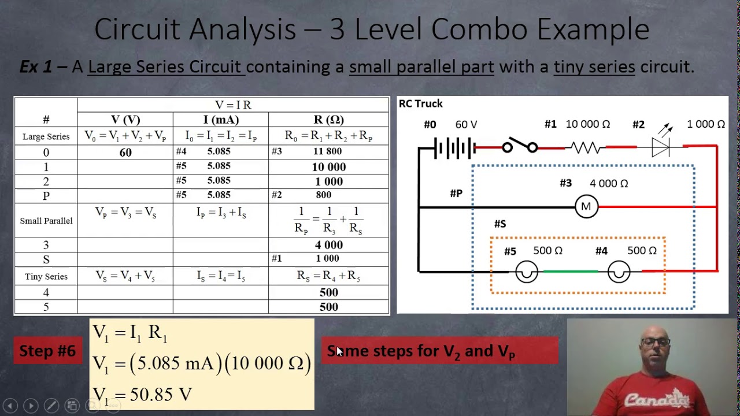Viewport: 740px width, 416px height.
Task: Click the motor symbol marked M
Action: pyautogui.click(x=586, y=207)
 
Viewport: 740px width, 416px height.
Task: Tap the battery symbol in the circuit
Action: pyautogui.click(x=454, y=148)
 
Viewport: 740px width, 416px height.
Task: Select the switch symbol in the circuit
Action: pyautogui.click(x=519, y=147)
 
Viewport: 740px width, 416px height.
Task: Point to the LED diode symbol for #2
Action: pyautogui.click(x=660, y=147)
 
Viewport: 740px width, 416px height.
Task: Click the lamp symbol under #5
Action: pyautogui.click(x=526, y=272)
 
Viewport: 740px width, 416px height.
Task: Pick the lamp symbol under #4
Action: pyautogui.click(x=619, y=272)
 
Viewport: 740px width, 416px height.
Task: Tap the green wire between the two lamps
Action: pyautogui.click(x=570, y=271)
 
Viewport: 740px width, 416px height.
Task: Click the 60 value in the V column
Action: pyautogui.click(x=125, y=153)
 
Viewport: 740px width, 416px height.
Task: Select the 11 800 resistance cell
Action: pyautogui.click(x=327, y=151)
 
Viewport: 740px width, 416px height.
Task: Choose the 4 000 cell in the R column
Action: pyautogui.click(x=328, y=245)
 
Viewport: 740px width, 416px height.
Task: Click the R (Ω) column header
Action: pyautogui.click(x=328, y=120)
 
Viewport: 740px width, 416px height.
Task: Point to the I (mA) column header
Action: pyautogui.click(x=221, y=120)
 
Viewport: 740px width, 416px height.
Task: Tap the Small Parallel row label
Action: pyautogui.click(x=46, y=221)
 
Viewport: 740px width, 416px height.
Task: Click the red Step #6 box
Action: pyautogui.click(x=47, y=351)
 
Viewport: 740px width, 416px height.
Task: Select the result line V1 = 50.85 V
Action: pyautogui.click(x=142, y=395)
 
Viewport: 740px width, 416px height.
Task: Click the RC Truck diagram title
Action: pyautogui.click(x=420, y=103)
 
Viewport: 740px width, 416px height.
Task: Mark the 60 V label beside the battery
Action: pyautogui.click(x=466, y=124)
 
